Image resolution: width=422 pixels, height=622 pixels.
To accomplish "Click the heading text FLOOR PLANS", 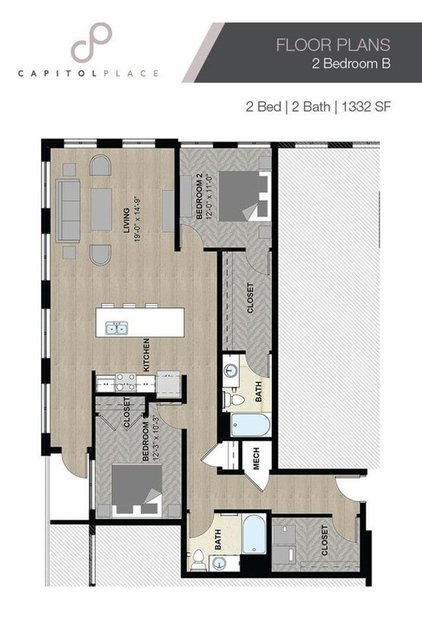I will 333,44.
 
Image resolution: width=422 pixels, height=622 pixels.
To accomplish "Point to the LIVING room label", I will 127,218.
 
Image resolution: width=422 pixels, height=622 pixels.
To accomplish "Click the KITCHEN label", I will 147,355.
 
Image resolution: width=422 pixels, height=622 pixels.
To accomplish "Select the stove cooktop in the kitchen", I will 125,383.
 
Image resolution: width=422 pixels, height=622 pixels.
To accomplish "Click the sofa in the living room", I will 68,210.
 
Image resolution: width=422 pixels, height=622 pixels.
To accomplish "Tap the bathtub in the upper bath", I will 251,426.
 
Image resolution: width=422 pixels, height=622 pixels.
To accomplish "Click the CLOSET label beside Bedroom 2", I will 250,298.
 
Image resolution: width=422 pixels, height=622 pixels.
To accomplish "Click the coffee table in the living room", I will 101,209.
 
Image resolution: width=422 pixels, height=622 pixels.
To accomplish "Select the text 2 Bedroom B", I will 355,64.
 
